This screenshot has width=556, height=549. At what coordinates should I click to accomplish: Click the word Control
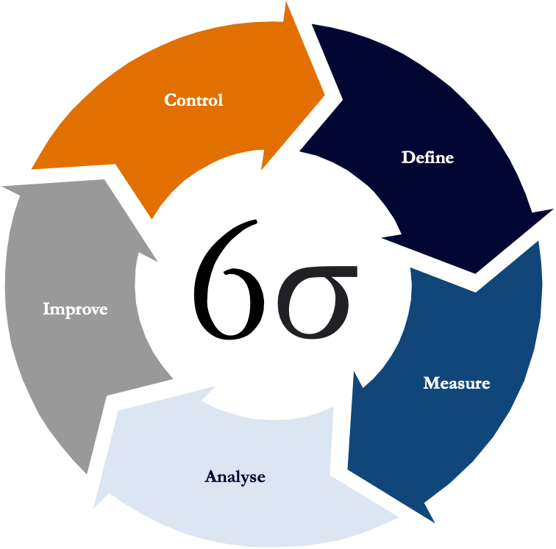click(x=193, y=100)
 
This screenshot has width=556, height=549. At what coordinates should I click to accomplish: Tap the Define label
click(x=427, y=157)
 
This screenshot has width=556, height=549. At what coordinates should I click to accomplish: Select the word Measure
click(x=456, y=383)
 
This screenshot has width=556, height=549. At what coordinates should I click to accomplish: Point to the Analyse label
click(x=235, y=477)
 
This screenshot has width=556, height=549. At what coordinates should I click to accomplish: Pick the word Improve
click(x=75, y=309)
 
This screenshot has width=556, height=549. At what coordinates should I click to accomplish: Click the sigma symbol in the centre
click(x=315, y=302)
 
